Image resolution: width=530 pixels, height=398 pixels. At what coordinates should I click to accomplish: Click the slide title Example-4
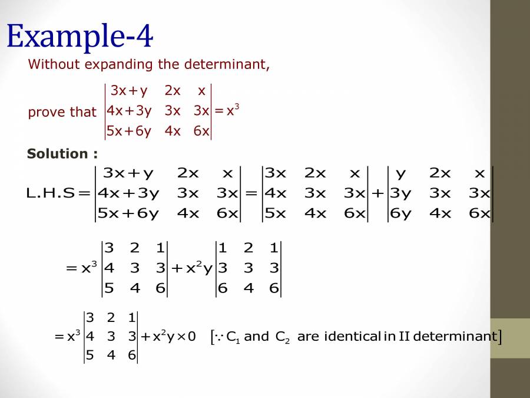(x=79, y=36)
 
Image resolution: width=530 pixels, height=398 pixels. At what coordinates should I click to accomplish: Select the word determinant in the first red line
(x=231, y=64)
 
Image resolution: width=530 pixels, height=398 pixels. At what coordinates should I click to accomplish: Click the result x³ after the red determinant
(x=233, y=110)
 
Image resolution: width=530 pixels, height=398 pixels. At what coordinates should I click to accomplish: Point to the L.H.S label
(x=52, y=193)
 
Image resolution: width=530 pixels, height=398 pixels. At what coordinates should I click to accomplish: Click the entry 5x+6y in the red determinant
(x=129, y=131)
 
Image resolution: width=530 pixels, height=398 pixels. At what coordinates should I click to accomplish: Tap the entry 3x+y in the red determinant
(x=129, y=91)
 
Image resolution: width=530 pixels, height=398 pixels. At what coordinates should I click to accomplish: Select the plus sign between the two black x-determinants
(x=378, y=193)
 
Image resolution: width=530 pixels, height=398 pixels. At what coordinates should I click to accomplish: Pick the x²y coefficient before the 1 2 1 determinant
(x=197, y=268)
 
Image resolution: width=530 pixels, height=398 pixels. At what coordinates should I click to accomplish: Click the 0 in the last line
(x=191, y=337)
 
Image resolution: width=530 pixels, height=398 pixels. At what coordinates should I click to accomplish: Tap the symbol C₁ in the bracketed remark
(x=232, y=337)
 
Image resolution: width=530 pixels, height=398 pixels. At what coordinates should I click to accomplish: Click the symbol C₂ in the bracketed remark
(x=281, y=337)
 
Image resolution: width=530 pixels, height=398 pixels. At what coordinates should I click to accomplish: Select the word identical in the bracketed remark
(x=352, y=337)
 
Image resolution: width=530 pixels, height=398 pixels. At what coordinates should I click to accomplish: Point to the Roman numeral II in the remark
(x=404, y=337)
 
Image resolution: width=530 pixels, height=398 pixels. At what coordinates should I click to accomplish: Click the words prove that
(x=62, y=112)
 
